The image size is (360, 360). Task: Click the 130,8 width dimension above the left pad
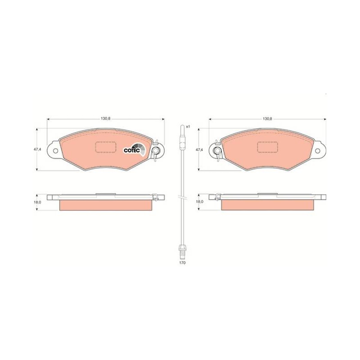(x=106, y=119)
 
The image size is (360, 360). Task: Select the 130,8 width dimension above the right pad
(x=267, y=119)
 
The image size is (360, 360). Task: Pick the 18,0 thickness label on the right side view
(x=199, y=201)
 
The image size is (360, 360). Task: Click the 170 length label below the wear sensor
(x=182, y=263)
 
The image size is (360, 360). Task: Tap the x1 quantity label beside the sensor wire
(x=188, y=126)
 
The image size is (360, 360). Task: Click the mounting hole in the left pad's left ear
(x=55, y=151)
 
